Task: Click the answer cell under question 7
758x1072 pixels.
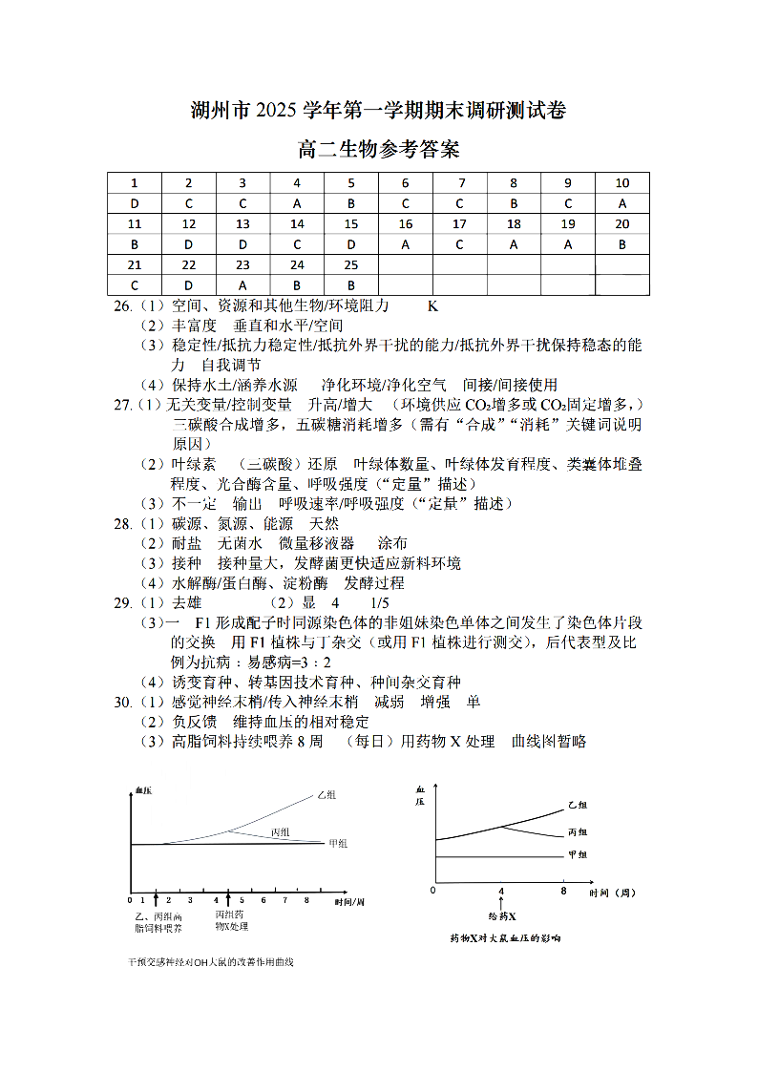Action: (460, 203)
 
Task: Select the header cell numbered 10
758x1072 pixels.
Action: (622, 183)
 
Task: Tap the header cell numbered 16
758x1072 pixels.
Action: (406, 224)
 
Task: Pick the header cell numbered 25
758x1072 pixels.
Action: (351, 264)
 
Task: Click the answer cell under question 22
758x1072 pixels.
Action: (188, 284)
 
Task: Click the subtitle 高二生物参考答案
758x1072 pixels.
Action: (379, 150)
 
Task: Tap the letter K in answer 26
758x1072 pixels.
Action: (432, 306)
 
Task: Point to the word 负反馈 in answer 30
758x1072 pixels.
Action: (194, 722)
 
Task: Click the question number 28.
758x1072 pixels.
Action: (122, 524)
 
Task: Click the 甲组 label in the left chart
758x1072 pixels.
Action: (337, 844)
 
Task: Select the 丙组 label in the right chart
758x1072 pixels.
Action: (579, 832)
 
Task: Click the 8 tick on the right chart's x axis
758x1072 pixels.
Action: (564, 891)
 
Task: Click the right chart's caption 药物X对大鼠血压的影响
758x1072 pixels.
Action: (505, 938)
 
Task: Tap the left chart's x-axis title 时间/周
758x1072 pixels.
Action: (349, 901)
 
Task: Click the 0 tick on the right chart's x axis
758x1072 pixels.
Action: (433, 891)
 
